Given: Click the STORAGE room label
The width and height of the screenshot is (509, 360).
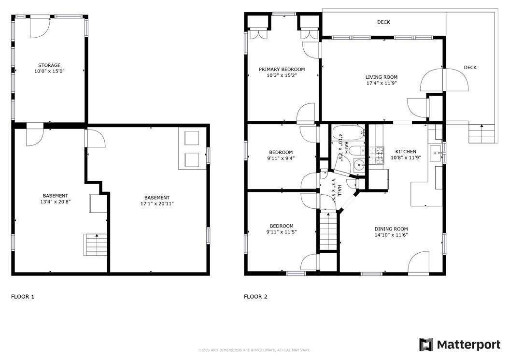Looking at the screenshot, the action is pyautogui.click(x=49, y=65).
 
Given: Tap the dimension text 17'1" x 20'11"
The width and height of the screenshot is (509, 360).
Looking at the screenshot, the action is pyautogui.click(x=157, y=204).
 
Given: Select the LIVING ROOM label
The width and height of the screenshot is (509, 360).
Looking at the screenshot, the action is pyautogui.click(x=382, y=77).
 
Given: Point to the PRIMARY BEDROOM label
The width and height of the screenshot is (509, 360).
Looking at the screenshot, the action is pyautogui.click(x=282, y=69).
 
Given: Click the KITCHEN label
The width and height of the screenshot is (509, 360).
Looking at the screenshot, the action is pyautogui.click(x=406, y=151).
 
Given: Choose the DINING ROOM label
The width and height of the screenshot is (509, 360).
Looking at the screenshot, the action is pyautogui.click(x=391, y=229).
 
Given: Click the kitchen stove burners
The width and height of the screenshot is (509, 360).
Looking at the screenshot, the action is pyautogui.click(x=377, y=155).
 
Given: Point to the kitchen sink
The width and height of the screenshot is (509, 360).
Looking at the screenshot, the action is pyautogui.click(x=436, y=153).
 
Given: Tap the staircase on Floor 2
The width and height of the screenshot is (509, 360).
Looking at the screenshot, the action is pyautogui.click(x=328, y=230).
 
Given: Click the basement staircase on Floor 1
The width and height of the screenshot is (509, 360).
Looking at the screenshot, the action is pyautogui.click(x=96, y=245).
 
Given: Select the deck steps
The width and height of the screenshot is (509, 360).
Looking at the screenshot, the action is pyautogui.click(x=481, y=133).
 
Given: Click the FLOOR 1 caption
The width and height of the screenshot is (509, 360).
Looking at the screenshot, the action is pyautogui.click(x=23, y=296).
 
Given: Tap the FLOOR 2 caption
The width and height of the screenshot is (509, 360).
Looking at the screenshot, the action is pyautogui.click(x=255, y=296).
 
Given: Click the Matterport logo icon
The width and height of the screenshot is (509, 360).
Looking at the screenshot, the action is pyautogui.click(x=426, y=345).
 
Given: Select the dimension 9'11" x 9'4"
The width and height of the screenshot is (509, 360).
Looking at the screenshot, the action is pyautogui.click(x=281, y=158).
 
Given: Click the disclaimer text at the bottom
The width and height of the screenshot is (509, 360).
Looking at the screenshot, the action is pyautogui.click(x=254, y=350).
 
